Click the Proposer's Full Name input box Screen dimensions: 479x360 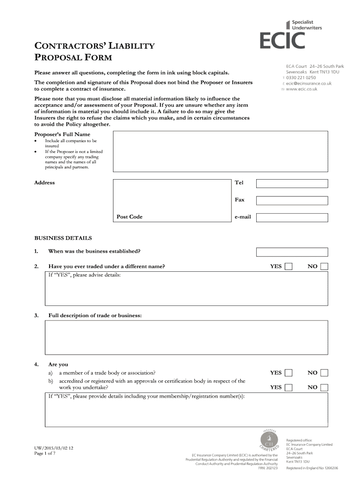[221, 152]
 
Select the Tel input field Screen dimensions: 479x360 [292, 183]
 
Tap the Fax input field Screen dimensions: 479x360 [292, 200]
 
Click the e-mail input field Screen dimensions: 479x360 [292, 218]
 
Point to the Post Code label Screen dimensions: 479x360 [130, 217]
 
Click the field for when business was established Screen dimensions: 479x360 [292, 252]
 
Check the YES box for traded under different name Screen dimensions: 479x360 [289, 267]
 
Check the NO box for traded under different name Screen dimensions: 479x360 [324, 267]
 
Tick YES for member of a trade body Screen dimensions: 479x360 [289, 373]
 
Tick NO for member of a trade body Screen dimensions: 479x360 [324, 373]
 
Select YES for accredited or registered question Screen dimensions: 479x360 [289, 387]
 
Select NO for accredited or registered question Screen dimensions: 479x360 [324, 387]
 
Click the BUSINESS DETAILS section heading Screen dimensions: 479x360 [63, 238]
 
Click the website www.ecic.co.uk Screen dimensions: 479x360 [302, 89]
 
